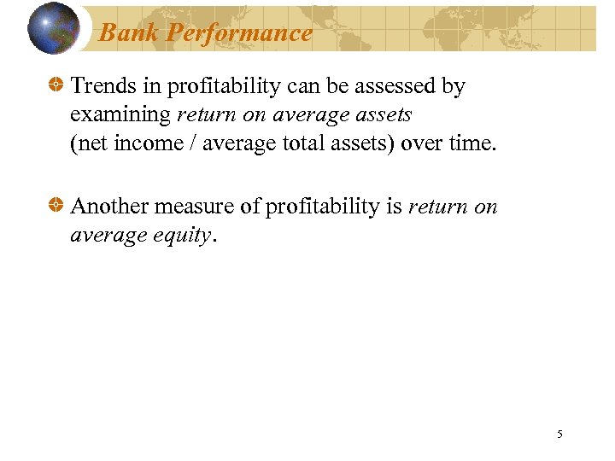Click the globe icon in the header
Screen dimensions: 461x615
point(54,28)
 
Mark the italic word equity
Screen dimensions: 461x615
point(183,236)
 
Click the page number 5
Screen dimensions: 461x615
point(559,435)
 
